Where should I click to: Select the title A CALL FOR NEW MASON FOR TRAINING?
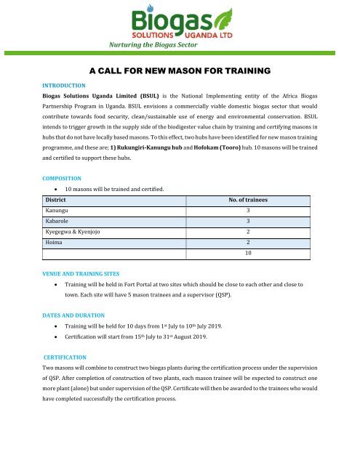[179, 71]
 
